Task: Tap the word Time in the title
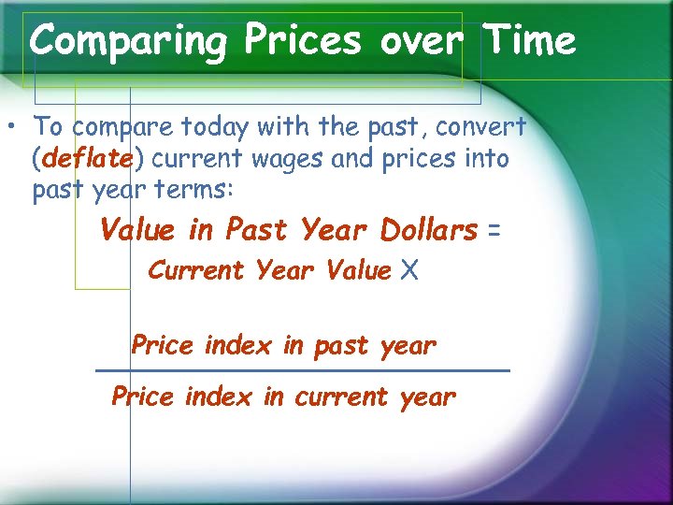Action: [529, 41]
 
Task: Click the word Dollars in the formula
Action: [429, 230]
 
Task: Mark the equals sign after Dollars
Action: [494, 230]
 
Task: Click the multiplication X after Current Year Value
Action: [408, 271]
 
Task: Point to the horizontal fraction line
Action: [303, 371]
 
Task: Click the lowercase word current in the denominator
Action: [340, 397]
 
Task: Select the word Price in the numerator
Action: [164, 346]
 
